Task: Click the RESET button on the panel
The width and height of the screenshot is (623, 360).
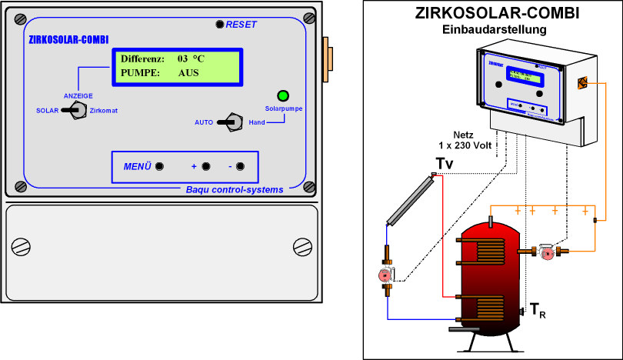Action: (x=219, y=25)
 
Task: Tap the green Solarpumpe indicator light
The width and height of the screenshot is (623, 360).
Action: (x=282, y=96)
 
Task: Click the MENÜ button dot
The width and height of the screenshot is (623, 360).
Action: (x=160, y=166)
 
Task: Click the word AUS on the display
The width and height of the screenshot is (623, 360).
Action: (x=188, y=73)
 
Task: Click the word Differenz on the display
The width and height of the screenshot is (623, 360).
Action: (x=142, y=58)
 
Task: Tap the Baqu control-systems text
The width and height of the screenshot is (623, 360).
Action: (x=235, y=188)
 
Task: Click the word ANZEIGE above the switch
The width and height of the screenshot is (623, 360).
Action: (x=78, y=95)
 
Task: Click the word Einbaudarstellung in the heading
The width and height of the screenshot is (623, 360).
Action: (x=495, y=29)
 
